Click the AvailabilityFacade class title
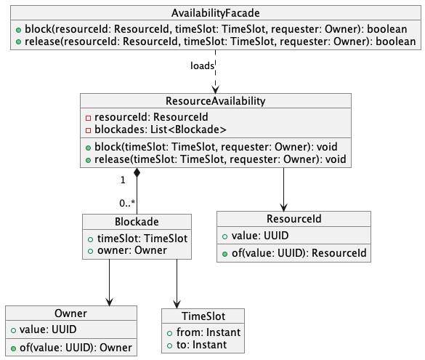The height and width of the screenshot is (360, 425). coord(212,14)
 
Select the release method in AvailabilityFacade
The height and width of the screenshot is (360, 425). coord(214,42)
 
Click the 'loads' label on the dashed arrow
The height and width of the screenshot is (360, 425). coord(202,65)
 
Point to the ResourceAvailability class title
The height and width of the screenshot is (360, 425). coord(216,100)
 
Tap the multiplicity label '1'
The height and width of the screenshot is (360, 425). coord(123,179)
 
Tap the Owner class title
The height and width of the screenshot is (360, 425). coord(71,313)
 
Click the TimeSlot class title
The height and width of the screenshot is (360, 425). coord(203,316)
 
